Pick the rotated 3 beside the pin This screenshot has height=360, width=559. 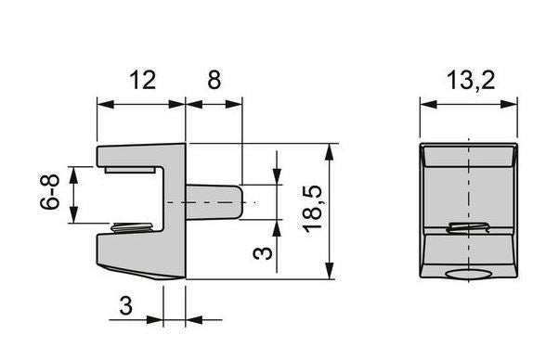(x=265, y=250)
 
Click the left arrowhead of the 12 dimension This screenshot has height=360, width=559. (x=102, y=104)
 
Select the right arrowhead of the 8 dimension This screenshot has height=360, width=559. (x=238, y=104)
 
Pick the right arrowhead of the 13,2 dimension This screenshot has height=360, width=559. (x=513, y=104)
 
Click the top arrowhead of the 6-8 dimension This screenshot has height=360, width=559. (x=74, y=172)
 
